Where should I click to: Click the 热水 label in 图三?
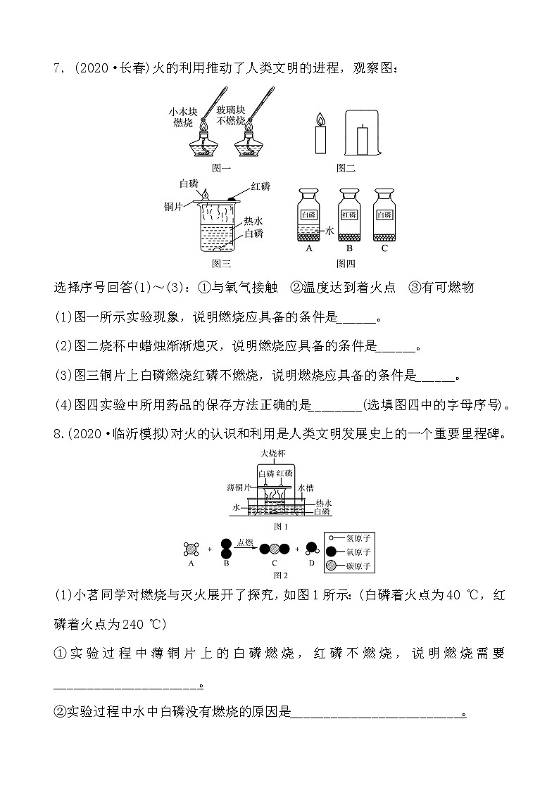click(254, 221)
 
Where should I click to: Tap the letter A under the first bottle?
click(308, 248)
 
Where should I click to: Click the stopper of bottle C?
click(384, 192)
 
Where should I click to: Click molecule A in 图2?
click(191, 549)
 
